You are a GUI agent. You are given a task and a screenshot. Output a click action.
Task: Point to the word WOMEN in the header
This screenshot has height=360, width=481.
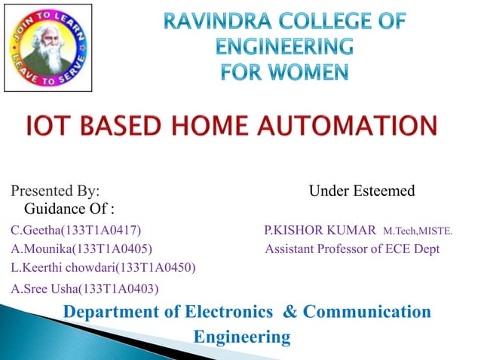click(x=310, y=72)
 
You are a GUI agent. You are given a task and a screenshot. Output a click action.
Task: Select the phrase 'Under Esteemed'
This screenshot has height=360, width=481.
click(x=362, y=191)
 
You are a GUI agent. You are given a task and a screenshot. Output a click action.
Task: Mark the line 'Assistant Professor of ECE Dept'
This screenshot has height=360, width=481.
click(x=352, y=248)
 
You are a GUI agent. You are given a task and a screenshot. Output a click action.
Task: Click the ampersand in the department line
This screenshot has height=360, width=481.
click(x=289, y=311)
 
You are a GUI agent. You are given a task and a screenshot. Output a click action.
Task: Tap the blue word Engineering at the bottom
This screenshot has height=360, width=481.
click(x=242, y=337)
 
